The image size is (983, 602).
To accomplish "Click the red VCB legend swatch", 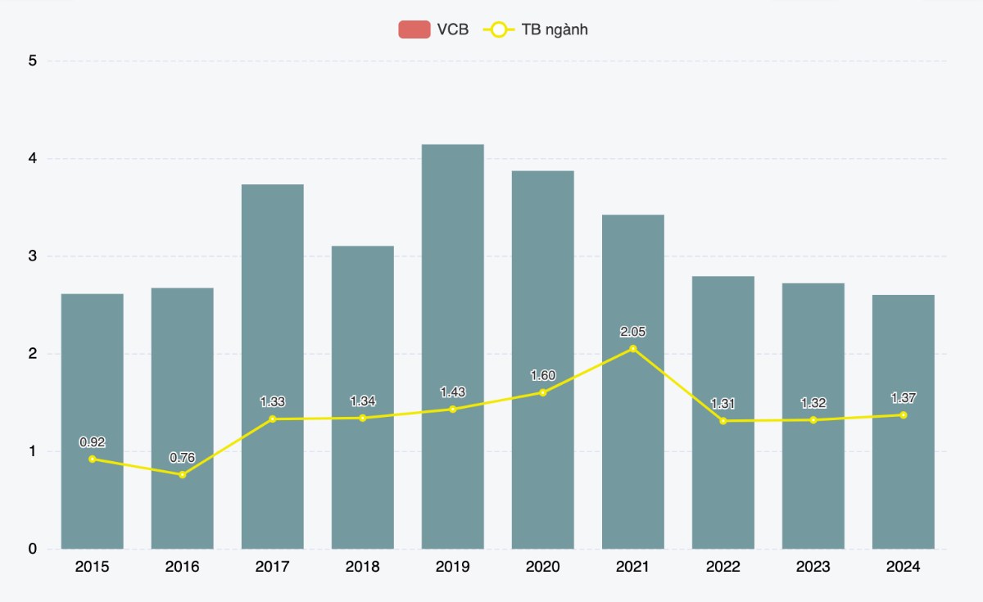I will pos(414,30).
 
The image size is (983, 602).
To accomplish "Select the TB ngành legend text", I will pos(555,30).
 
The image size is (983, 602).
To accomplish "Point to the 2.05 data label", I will pos(632,332).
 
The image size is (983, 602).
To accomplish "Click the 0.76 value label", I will pos(182,458).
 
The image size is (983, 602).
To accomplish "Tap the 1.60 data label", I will pos(542,375).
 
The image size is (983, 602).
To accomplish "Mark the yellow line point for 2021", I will pos(632,349).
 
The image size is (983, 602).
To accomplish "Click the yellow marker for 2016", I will pos(182,475).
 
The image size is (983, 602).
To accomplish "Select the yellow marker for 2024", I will pos(903,415).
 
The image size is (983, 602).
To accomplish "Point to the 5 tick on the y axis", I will pos(32,61).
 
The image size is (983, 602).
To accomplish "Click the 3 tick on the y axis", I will pos(32,256).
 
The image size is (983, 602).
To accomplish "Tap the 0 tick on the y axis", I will pos(32,549).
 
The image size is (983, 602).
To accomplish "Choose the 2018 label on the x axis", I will pos(362,567).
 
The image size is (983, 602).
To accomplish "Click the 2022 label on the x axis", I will pos(723,567).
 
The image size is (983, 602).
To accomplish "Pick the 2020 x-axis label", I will pos(542,567).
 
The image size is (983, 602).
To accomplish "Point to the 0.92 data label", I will pos(92,442).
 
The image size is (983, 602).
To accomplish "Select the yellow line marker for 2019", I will pos(452,409).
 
